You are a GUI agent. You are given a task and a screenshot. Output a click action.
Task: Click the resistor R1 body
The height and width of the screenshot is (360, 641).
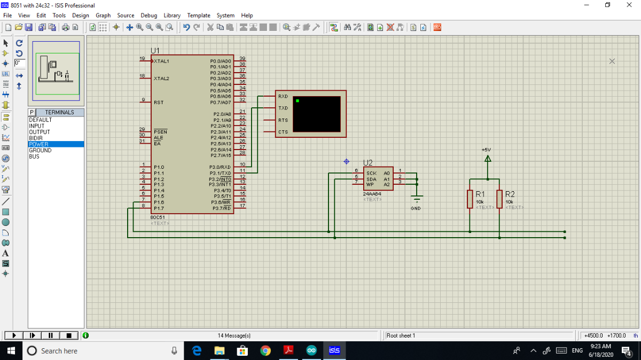point(470,199)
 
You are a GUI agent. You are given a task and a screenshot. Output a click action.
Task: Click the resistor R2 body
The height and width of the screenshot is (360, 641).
point(499,199)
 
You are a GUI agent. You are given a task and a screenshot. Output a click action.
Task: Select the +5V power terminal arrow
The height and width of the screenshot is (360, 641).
point(487,158)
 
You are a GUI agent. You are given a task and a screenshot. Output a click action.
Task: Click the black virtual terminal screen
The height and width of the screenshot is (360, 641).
point(317,114)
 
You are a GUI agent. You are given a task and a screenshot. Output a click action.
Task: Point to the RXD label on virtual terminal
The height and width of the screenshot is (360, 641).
point(283,97)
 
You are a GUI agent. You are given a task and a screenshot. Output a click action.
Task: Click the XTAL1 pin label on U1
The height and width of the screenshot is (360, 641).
point(161,61)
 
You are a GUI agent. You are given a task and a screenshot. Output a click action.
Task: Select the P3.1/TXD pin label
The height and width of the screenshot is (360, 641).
point(220,173)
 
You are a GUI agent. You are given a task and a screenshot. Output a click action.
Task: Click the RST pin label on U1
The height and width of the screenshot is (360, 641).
point(159,102)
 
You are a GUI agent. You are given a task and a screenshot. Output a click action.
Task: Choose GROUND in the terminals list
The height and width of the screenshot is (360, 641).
point(40,151)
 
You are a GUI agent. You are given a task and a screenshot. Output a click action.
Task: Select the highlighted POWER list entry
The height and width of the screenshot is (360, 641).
point(38,144)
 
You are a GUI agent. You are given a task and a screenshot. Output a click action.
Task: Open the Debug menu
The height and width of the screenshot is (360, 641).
point(148,15)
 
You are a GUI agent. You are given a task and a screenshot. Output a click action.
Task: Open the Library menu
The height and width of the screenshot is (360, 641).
point(172,15)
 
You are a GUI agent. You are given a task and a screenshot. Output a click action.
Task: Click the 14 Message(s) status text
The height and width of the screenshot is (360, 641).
point(234,335)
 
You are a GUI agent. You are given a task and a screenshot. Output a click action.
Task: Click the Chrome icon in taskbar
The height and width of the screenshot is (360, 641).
point(265,350)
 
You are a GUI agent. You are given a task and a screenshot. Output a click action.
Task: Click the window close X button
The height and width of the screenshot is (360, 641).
point(629,5)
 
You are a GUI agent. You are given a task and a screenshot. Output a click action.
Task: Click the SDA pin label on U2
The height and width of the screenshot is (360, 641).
point(371,179)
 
